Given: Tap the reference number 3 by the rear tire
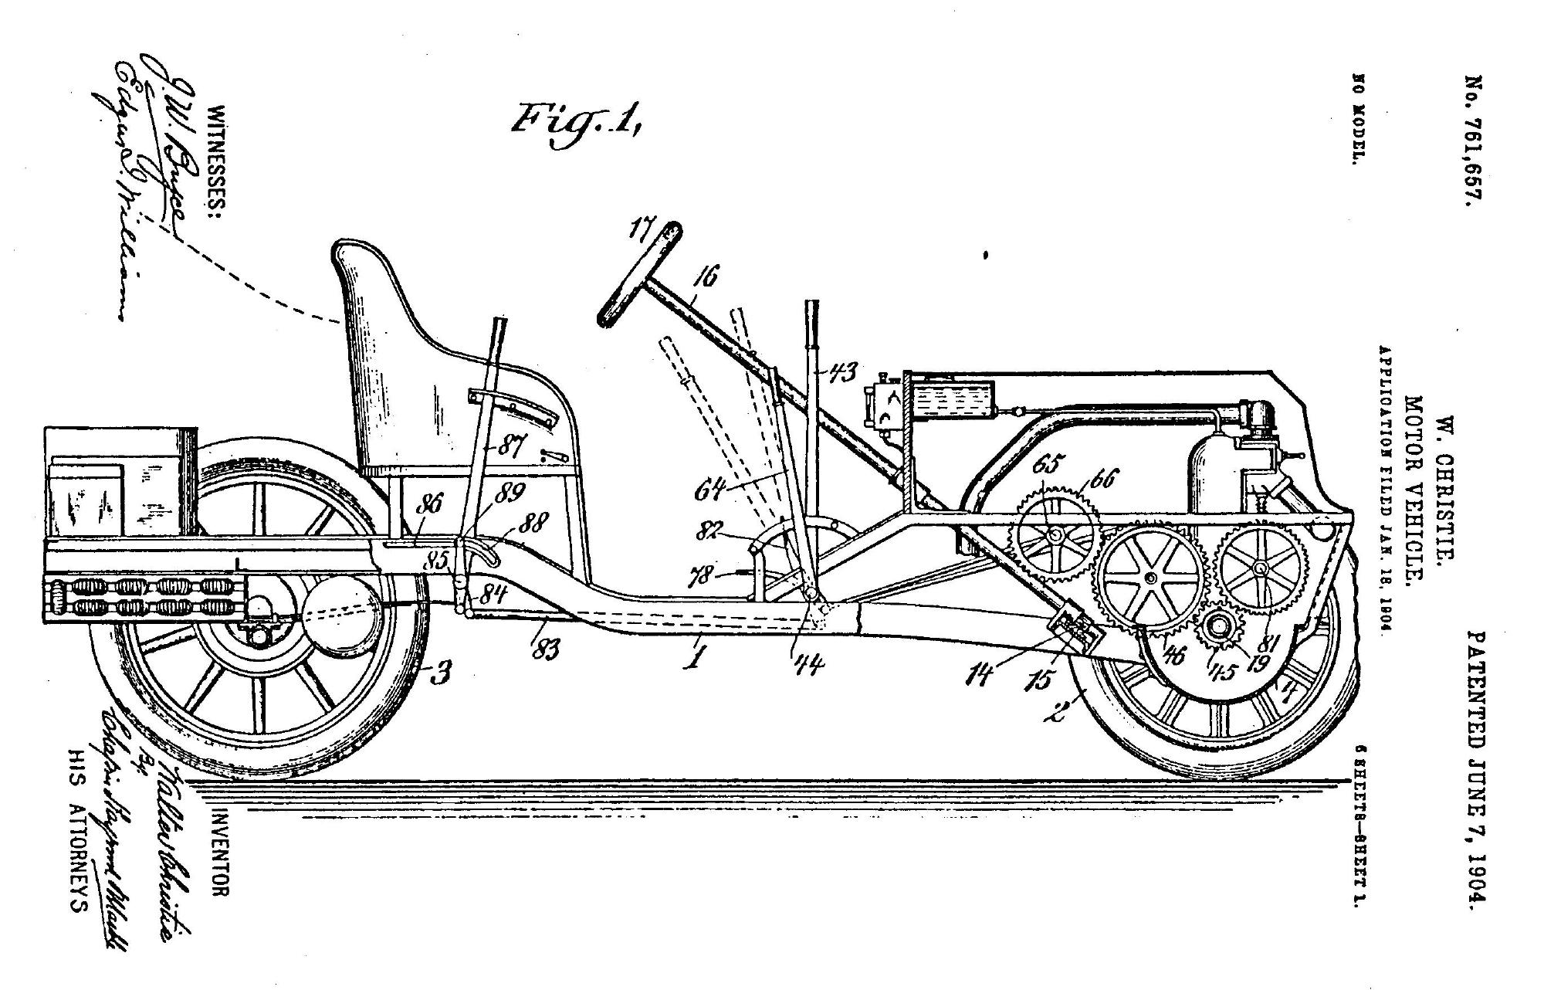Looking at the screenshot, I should coord(441,674).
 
